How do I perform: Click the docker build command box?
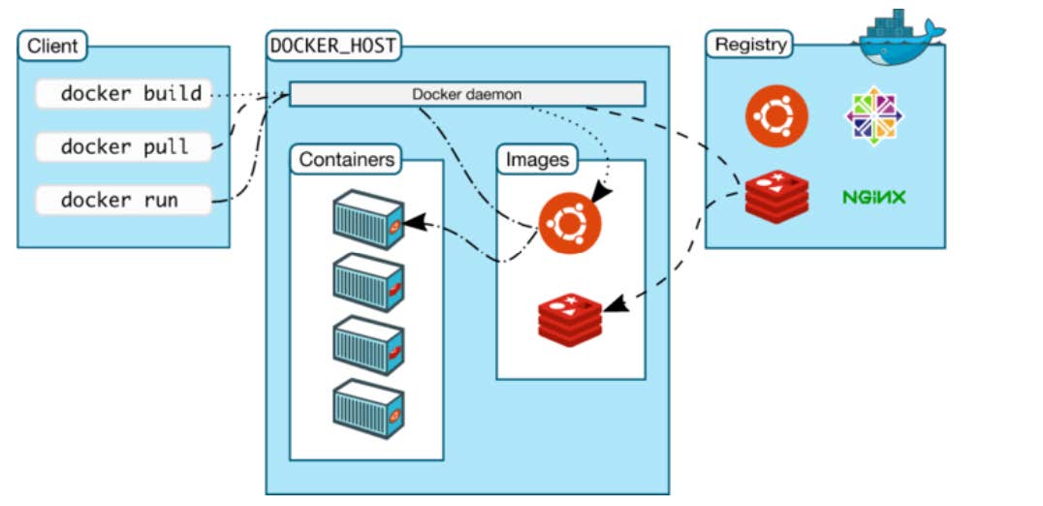pos(123,94)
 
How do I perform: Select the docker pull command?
pos(123,147)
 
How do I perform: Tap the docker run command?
pos(123,201)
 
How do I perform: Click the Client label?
pos(52,46)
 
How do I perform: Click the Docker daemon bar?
pos(467,94)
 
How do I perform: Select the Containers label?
pos(347,160)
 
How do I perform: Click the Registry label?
pos(749,45)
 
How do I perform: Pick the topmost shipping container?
pos(367,219)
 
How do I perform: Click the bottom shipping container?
pos(367,410)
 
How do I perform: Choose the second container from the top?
pos(367,282)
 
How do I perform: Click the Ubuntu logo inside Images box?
pos(570,222)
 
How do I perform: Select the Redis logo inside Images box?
pos(570,318)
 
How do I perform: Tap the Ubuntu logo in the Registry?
pos(776,116)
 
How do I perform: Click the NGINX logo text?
pos(873,198)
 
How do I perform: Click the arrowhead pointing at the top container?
pos(410,224)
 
